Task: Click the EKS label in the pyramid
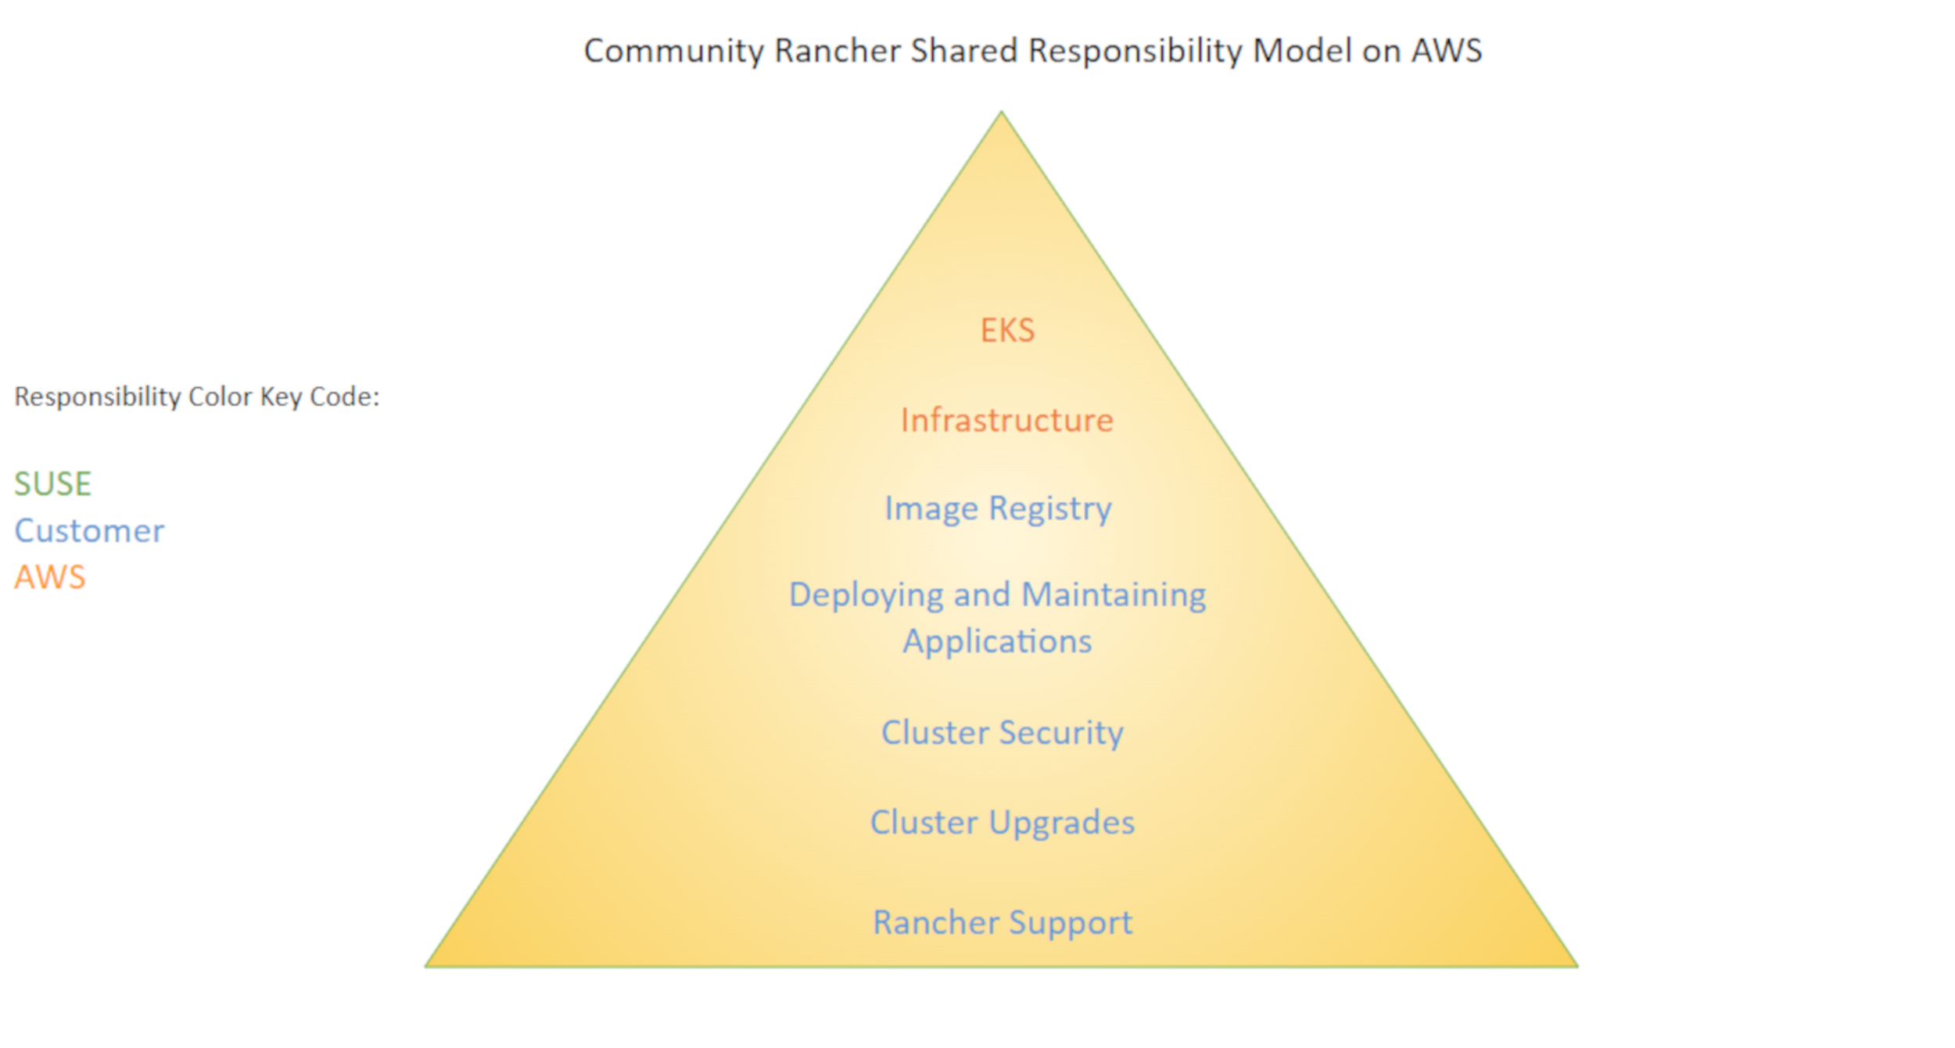point(1007,331)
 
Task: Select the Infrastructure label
point(1006,420)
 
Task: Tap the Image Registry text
point(998,509)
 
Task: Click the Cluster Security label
point(1002,733)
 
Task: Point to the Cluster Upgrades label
point(1002,823)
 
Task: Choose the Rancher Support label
point(1003,923)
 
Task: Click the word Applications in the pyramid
point(997,642)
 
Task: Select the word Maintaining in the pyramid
point(1114,595)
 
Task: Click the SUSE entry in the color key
point(53,484)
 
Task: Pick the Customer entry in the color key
point(89,531)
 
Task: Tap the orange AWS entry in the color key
point(50,578)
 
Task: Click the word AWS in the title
point(1446,52)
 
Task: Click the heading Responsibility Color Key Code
point(196,397)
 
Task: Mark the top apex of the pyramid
point(1002,113)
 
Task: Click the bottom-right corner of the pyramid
point(1575,966)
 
